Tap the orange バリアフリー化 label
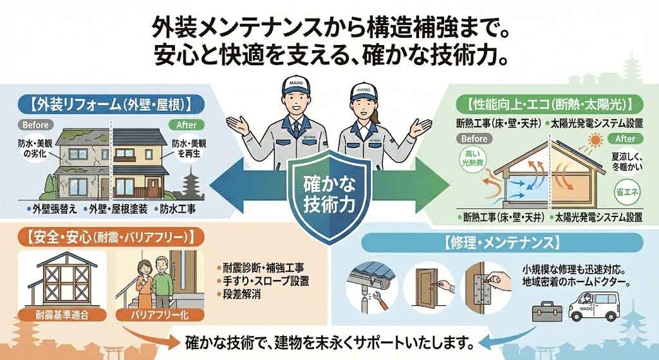pos(150,314)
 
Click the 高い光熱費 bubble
pos(475,160)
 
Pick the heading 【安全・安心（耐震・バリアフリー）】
pos(107,236)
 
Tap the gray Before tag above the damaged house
pos(36,124)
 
